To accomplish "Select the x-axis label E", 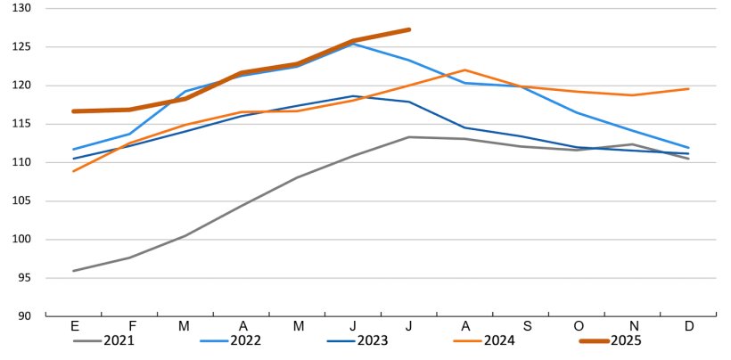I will [x=74, y=327].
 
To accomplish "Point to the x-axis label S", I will [x=521, y=327].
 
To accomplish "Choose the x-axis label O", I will [x=577, y=327].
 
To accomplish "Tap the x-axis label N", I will [x=633, y=327].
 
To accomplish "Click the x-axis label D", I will [x=688, y=327].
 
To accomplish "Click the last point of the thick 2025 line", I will [x=408, y=29].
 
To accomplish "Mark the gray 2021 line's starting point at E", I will [x=74, y=271].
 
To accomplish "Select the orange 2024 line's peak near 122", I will [x=464, y=70].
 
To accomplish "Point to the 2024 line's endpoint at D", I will [x=688, y=88].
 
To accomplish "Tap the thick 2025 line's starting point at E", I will [x=74, y=111].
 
